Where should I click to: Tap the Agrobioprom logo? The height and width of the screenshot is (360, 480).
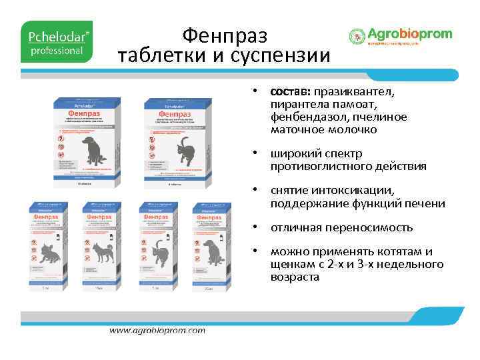[400, 37]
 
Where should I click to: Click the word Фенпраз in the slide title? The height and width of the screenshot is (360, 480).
[224, 34]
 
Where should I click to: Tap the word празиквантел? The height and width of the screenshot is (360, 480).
[355, 92]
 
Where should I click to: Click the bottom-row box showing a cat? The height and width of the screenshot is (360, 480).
[158, 247]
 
